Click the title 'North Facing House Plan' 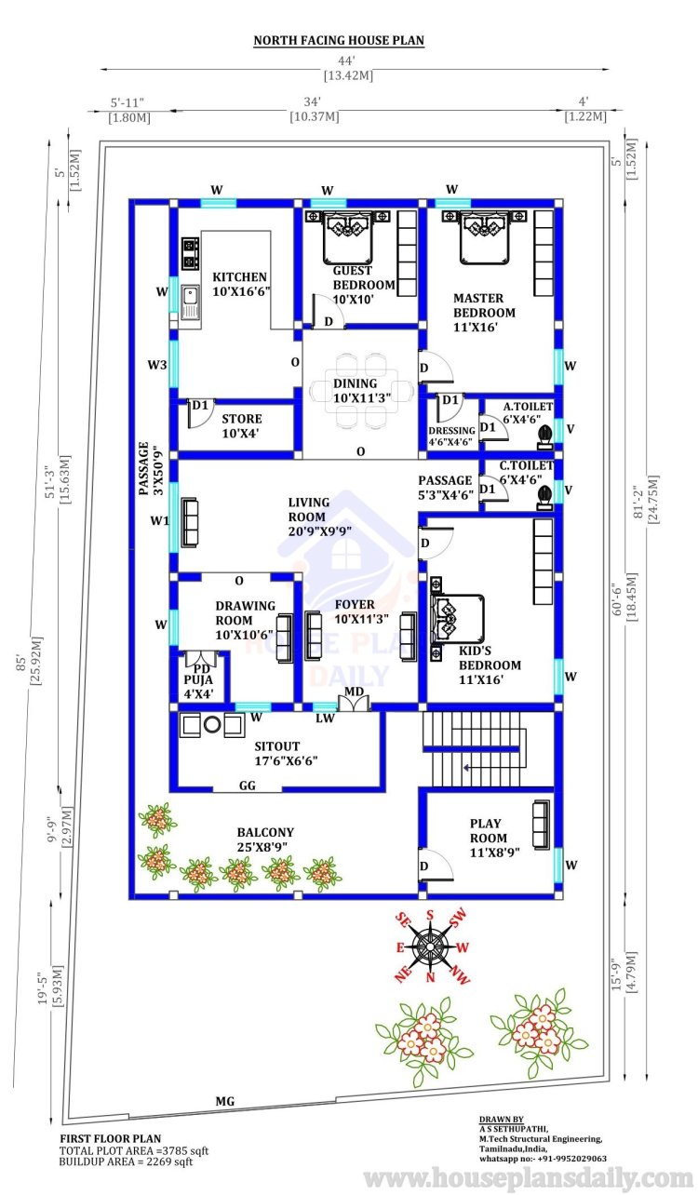(x=339, y=41)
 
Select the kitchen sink (x=190, y=302)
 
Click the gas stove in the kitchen (x=191, y=254)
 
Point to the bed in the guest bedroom (x=347, y=237)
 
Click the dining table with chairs (x=362, y=390)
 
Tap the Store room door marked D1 (x=200, y=413)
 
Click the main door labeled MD (x=354, y=699)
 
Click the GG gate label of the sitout (x=247, y=785)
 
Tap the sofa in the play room (x=541, y=825)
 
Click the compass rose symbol (x=431, y=947)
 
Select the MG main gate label (x=225, y=1101)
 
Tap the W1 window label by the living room (x=159, y=520)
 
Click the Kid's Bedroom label (x=490, y=665)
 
